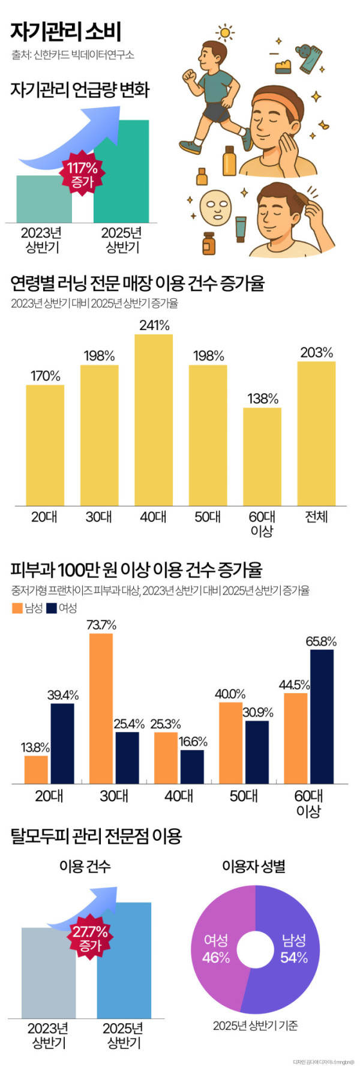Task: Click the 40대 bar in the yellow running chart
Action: (154, 420)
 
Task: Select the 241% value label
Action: (154, 325)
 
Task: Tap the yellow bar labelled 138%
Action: (262, 456)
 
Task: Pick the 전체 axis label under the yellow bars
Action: (316, 516)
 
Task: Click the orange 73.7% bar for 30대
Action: (101, 708)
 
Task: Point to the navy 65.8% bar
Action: (322, 717)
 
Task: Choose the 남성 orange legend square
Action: (17, 608)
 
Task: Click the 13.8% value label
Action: (35, 747)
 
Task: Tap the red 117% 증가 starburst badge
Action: (82, 175)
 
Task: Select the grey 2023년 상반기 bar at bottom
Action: (49, 972)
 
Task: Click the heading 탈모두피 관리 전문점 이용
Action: (96, 835)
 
